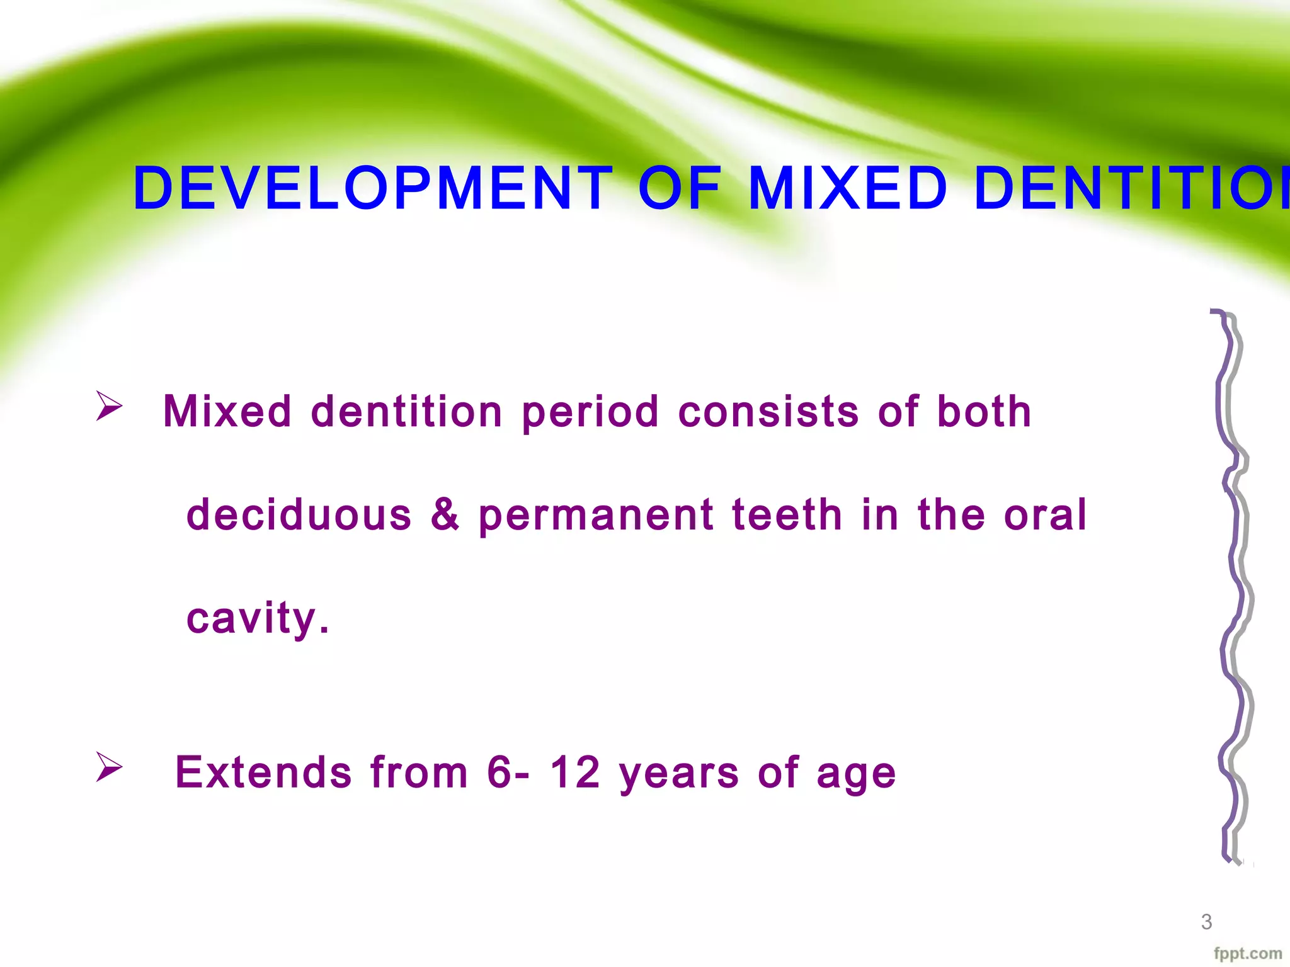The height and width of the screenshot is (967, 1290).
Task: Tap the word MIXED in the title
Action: (847, 188)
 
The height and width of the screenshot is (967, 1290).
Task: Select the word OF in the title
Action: (680, 188)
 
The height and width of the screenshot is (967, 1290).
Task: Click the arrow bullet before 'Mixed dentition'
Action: (109, 406)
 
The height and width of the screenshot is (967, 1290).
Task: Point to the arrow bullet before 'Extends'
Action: (109, 767)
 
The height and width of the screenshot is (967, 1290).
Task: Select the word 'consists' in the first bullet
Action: (768, 412)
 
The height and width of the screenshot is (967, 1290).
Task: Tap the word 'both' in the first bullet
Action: (984, 412)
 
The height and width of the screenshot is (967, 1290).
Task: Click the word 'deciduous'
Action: (299, 515)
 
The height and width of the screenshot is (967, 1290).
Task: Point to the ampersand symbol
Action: (445, 515)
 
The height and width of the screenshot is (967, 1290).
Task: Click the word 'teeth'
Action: (787, 515)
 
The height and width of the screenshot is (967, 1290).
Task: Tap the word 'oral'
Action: (1045, 515)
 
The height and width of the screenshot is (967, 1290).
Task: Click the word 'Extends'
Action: (263, 772)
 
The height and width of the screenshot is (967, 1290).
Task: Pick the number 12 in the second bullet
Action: (575, 772)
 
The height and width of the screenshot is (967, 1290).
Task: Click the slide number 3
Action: (1206, 922)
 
